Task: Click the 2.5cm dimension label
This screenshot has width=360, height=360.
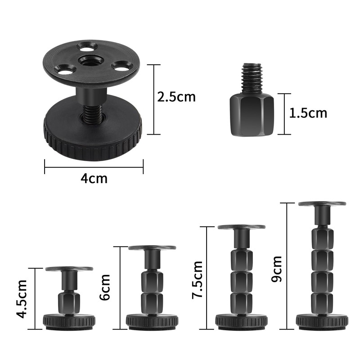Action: [176, 97]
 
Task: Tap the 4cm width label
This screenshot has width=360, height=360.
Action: [94, 179]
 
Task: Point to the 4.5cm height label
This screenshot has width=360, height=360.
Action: [21, 298]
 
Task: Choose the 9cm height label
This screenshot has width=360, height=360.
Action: [277, 269]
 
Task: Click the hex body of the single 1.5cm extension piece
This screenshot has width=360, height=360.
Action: [252, 116]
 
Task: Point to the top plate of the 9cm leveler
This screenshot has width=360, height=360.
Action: [322, 204]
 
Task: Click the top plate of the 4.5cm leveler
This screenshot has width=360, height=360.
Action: [69, 269]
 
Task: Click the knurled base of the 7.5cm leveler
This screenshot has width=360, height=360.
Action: [241, 321]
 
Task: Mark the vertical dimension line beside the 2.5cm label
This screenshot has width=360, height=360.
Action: [154, 99]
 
